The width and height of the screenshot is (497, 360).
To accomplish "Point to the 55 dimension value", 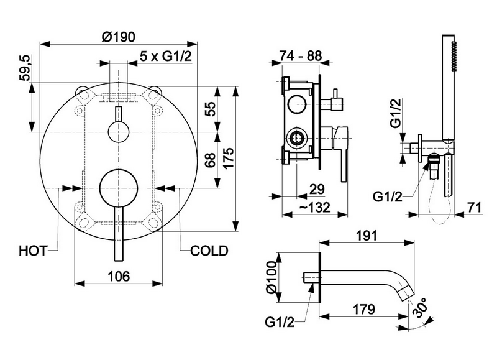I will (212, 108).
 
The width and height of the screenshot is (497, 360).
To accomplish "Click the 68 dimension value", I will (212, 160).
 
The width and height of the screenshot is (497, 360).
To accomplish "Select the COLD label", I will (209, 251).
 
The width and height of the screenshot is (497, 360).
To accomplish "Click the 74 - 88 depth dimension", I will (300, 56).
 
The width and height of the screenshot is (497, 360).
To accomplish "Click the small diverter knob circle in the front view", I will (118, 132).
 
